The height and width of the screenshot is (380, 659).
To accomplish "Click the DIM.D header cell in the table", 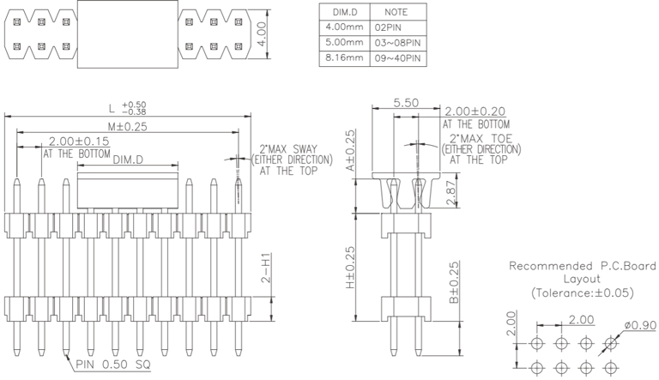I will [x=343, y=12].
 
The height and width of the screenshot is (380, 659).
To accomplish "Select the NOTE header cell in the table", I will [x=396, y=12].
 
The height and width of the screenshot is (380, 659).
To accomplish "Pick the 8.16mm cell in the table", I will [x=343, y=58].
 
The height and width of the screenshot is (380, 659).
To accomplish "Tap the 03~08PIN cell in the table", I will [x=396, y=43].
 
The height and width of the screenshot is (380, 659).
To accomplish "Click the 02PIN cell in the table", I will [x=396, y=27].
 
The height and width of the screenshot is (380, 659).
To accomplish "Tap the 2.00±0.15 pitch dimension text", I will [x=80, y=141].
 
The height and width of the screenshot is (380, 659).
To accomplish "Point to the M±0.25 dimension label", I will [x=128, y=126].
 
